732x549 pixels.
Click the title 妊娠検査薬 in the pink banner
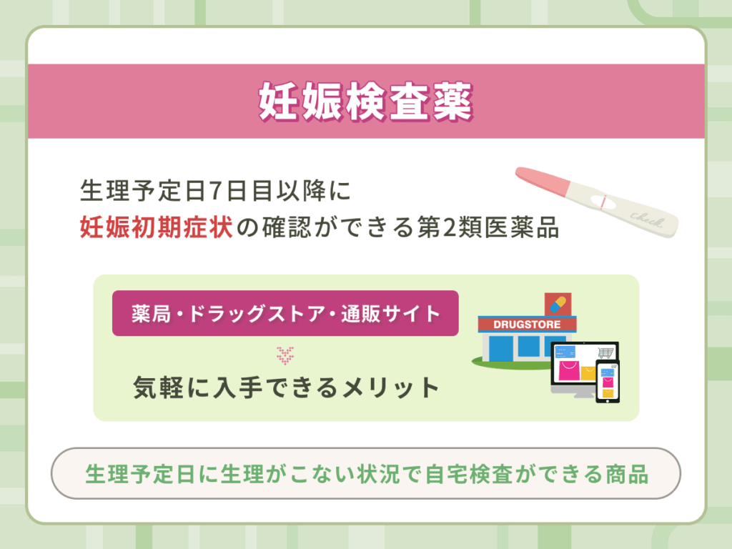click(x=365, y=102)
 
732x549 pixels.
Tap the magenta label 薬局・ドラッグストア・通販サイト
click(x=285, y=313)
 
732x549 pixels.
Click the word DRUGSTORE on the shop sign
click(x=528, y=324)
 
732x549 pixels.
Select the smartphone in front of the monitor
click(x=608, y=382)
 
